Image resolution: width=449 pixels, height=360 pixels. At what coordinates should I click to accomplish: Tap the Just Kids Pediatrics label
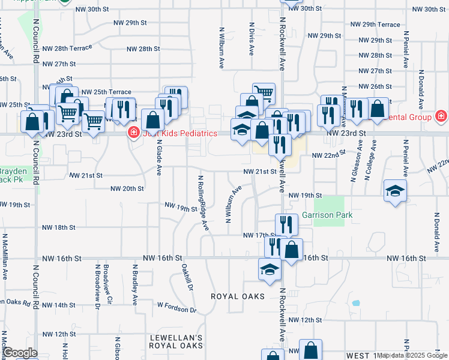pos(179,133)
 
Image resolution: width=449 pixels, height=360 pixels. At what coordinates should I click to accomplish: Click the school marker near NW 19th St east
pos(394,191)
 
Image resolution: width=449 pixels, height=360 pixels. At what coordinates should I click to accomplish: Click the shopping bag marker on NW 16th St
pos(291,250)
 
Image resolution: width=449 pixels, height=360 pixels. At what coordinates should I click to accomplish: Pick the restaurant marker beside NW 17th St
pos(287,225)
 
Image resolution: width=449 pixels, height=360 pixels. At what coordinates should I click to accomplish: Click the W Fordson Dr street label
pos(176,307)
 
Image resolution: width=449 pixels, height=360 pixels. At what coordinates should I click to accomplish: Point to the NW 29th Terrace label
pos(375,25)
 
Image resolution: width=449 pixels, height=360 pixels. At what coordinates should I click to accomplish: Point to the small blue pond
pos(356,302)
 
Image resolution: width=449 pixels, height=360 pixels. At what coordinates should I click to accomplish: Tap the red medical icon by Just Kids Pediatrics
pos(133,133)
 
